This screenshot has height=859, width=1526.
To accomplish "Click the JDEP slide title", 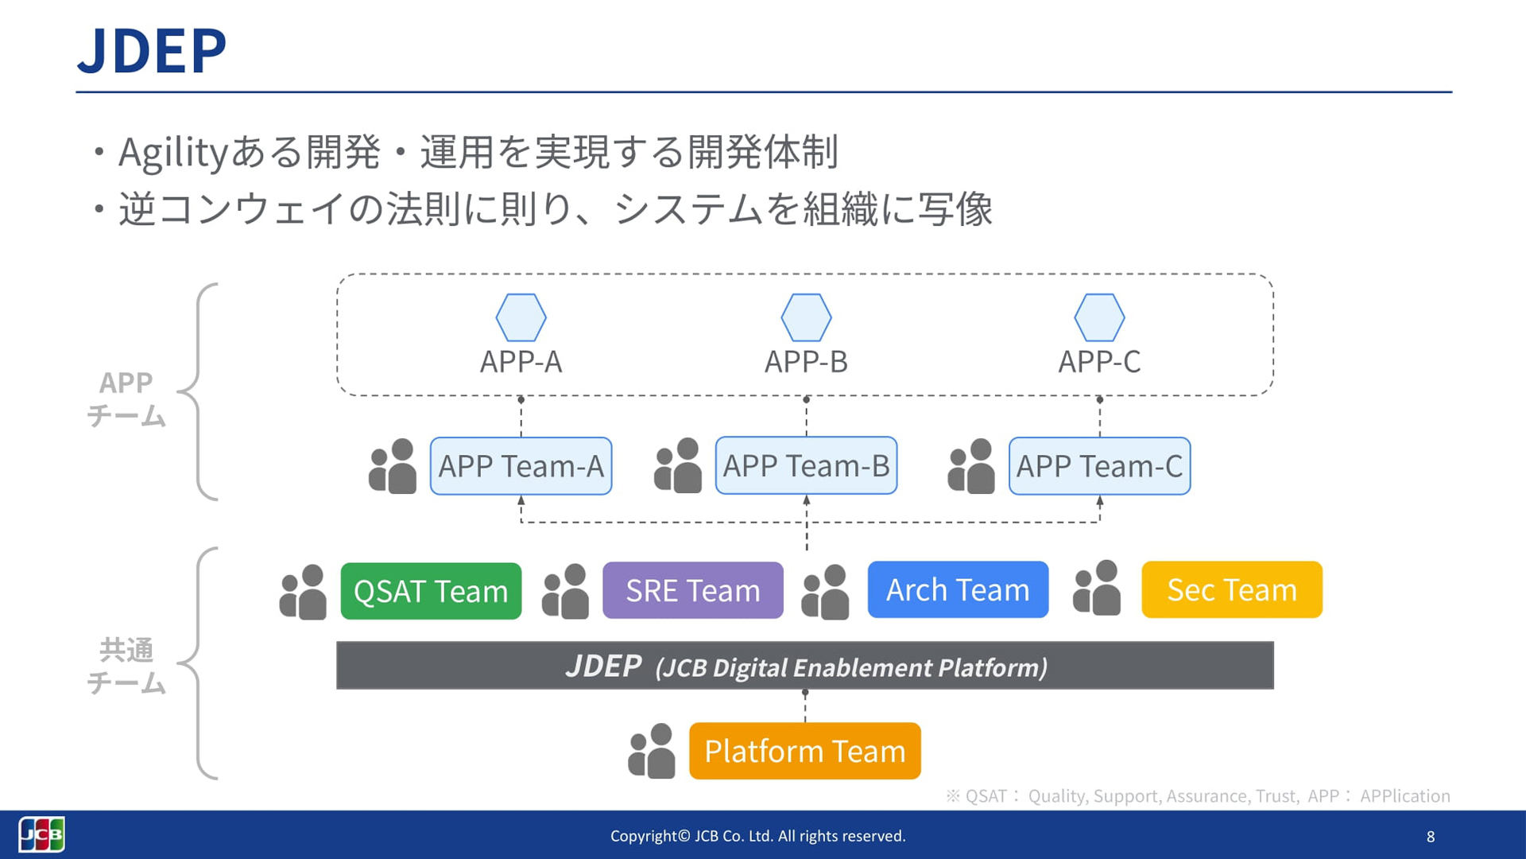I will (x=152, y=51).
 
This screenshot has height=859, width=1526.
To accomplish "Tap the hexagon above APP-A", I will (x=521, y=317).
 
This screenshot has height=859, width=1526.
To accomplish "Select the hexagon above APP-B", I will (x=806, y=317).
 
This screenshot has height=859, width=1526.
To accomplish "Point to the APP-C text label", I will (x=1099, y=362).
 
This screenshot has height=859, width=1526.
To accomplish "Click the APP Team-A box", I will (x=521, y=466).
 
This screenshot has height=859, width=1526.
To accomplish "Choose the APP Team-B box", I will (x=806, y=466).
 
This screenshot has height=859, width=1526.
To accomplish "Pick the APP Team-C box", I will (x=1099, y=466).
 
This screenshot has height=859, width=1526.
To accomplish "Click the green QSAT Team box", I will (x=431, y=591).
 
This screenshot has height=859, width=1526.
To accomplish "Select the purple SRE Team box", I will (x=692, y=590).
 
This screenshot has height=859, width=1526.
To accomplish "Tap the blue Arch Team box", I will (x=958, y=589).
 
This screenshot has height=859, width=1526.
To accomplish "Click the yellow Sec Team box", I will (x=1231, y=589).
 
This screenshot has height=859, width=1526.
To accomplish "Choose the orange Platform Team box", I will (x=804, y=751).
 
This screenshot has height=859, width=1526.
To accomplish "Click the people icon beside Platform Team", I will (x=652, y=751).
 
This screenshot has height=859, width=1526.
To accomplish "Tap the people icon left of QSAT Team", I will (x=303, y=593).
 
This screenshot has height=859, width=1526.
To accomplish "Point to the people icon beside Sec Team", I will (x=1097, y=589).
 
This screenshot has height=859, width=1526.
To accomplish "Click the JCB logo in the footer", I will (x=41, y=834).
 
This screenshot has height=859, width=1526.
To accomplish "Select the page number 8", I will (x=1431, y=837).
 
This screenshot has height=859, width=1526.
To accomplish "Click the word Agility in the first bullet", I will (x=173, y=152).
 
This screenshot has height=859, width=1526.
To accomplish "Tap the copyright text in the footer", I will (x=757, y=836).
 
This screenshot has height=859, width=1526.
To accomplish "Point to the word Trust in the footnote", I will (x=1276, y=796).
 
